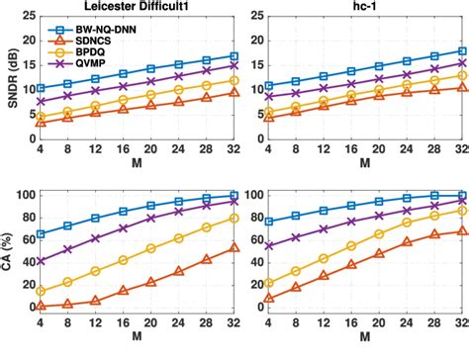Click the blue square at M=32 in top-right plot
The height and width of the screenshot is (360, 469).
[x=462, y=50]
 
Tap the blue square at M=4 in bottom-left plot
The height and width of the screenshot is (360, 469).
[x=41, y=234]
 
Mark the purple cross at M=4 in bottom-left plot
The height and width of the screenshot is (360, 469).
[x=41, y=261]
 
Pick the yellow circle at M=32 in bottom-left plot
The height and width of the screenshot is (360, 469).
[x=234, y=217]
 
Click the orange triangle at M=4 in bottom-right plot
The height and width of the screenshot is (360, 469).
[x=269, y=298]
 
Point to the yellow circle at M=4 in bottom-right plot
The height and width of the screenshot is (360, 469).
[x=269, y=283]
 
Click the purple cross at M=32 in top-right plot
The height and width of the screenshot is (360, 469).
[x=462, y=62]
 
